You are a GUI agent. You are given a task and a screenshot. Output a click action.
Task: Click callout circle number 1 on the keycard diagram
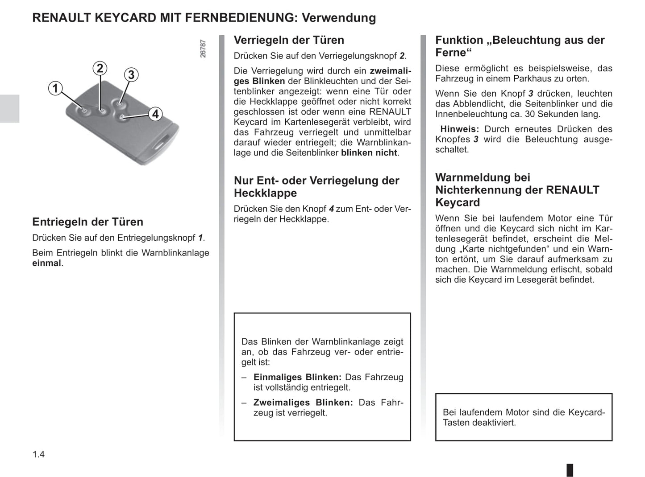pyautogui.click(x=55, y=88)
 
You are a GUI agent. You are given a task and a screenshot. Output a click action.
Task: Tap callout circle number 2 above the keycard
pyautogui.click(x=100, y=68)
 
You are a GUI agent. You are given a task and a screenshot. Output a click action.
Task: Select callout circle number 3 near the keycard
pyautogui.click(x=131, y=74)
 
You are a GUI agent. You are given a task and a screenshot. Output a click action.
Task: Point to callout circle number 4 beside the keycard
pyautogui.click(x=155, y=114)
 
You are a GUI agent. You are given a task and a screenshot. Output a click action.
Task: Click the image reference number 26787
pyautogui.click(x=203, y=49)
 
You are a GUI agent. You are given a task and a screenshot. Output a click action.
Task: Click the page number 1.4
pyautogui.click(x=38, y=454)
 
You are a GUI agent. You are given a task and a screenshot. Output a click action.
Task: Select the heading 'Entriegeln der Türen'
pyautogui.click(x=87, y=222)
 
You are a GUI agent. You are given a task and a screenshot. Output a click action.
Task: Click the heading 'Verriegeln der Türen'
pyautogui.click(x=289, y=40)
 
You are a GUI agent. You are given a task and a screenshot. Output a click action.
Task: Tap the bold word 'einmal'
pyautogui.click(x=46, y=263)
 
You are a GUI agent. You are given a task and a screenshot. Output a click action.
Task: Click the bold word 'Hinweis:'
pyautogui.click(x=459, y=129)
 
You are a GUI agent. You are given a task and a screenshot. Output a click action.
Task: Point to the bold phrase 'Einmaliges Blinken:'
pyautogui.click(x=297, y=377)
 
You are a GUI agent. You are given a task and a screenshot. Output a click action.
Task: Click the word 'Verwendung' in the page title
pyautogui.click(x=339, y=18)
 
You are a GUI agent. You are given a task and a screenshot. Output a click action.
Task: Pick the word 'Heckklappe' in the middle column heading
pyautogui.click(x=265, y=193)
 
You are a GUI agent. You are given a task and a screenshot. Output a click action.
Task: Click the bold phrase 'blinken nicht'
pyautogui.click(x=369, y=153)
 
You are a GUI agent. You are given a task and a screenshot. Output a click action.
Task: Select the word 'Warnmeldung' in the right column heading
pyautogui.click(x=483, y=177)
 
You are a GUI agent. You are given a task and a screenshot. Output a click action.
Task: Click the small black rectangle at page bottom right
pyautogui.click(x=570, y=470)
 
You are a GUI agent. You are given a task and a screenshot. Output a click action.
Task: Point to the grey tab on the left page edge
pyautogui.click(x=9, y=108)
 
